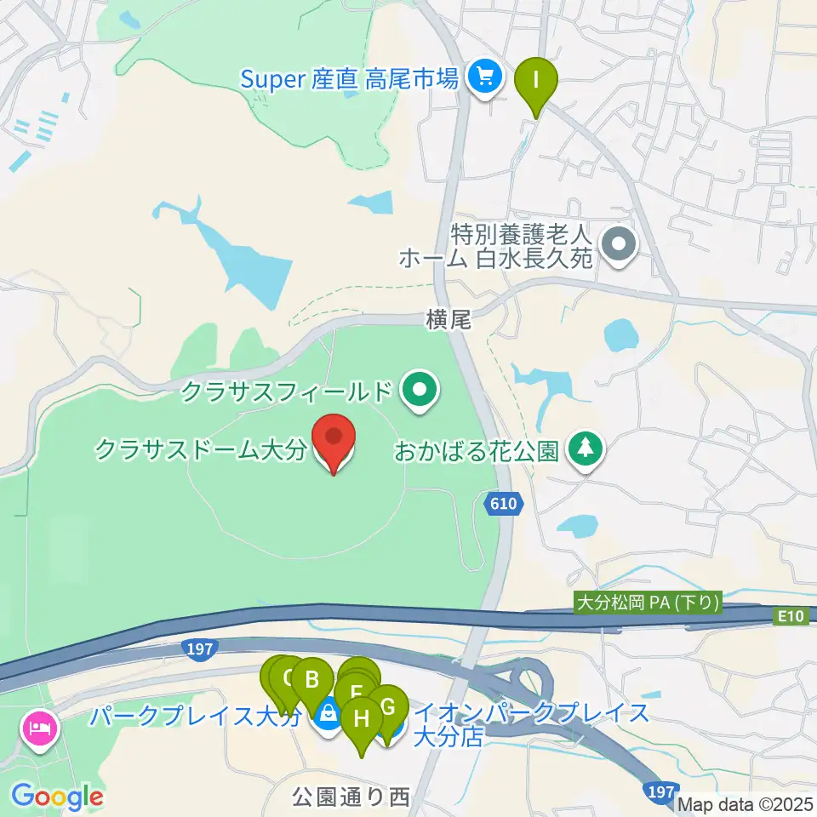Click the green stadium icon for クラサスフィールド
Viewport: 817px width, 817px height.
420,391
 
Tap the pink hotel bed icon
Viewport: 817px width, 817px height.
40,728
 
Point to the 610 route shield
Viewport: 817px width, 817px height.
502,505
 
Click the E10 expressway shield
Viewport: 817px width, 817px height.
790,614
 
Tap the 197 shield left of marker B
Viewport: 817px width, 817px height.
197,649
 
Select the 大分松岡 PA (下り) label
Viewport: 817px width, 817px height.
649,603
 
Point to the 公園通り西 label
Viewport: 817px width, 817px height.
351,797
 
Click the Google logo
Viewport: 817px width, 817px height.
57,797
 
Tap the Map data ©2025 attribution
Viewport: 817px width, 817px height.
746,803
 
